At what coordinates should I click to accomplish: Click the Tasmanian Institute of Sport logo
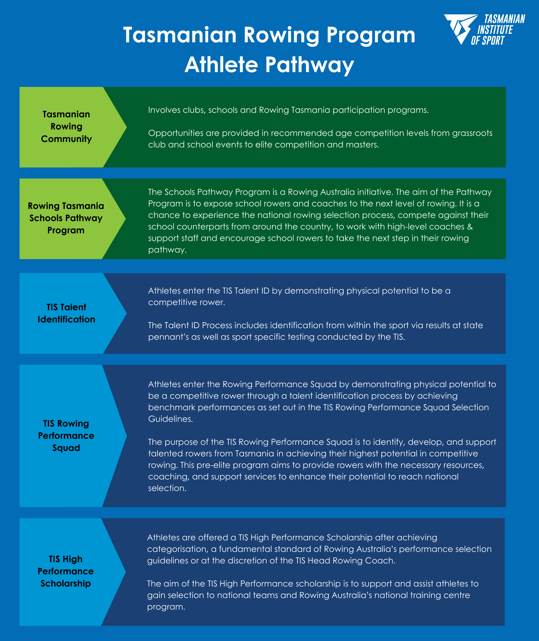(x=484, y=29)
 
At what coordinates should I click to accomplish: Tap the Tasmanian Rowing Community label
(x=66, y=127)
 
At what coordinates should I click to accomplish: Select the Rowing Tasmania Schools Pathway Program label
(x=66, y=218)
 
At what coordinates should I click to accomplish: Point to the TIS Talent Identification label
(x=66, y=313)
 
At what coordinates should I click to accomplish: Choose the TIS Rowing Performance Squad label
(x=66, y=436)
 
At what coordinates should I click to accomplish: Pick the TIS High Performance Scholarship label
(x=66, y=571)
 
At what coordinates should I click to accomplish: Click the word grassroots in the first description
(x=472, y=133)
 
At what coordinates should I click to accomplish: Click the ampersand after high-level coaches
(x=470, y=227)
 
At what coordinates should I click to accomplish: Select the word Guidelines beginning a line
(x=170, y=419)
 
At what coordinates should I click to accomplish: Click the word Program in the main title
(x=371, y=36)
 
